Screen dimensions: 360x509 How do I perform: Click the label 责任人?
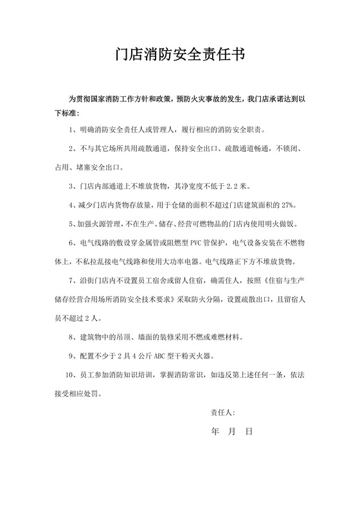pos(223,411)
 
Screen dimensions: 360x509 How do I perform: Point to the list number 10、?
pos(73,374)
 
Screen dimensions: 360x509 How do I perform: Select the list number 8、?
pos(74,337)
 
